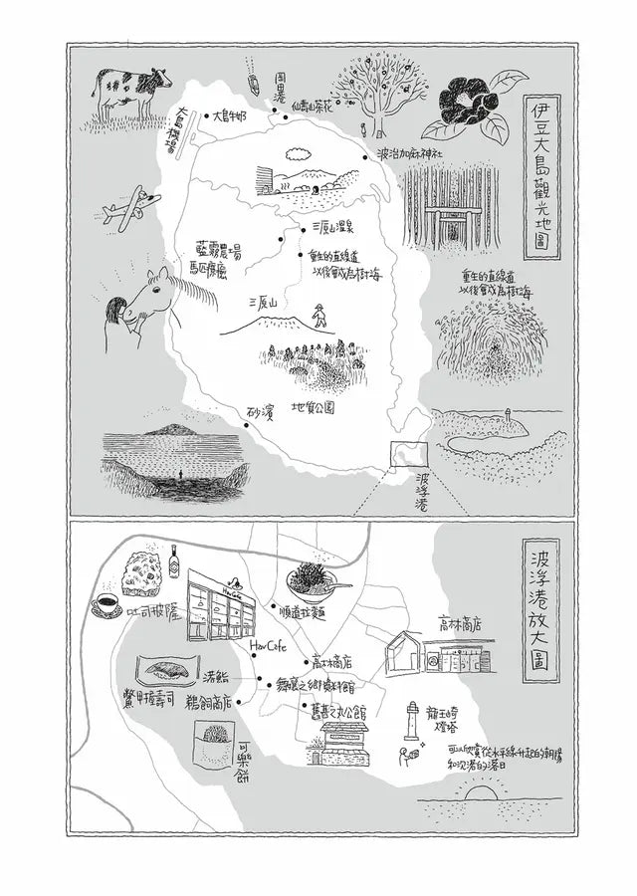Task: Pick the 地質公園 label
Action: coord(313,408)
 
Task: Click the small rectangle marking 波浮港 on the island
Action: coord(409,454)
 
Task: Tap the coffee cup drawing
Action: coord(106,604)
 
